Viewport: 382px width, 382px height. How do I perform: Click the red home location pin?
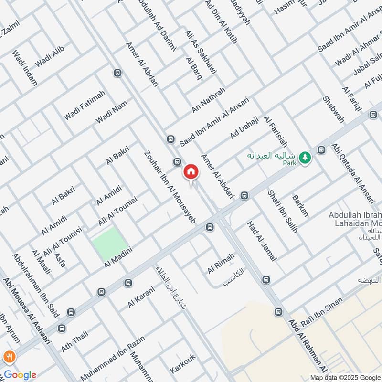pos(191,172)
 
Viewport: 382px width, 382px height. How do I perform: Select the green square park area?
pos(111,244)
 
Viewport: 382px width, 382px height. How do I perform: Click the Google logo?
pos(20,375)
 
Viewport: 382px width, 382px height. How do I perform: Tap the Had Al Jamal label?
pos(262,242)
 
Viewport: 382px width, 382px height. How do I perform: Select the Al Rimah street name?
pos(221,264)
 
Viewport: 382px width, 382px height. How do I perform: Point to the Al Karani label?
pos(141,296)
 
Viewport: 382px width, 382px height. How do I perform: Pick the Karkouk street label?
pos(183,363)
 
